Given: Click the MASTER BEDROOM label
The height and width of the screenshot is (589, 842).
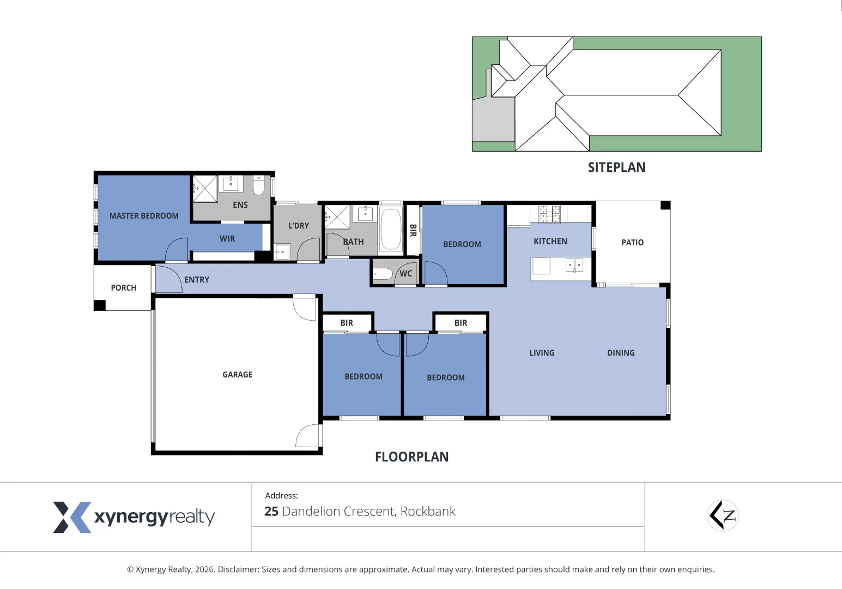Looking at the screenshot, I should coord(144,216).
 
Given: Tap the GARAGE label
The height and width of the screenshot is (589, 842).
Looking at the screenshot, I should coord(237,375).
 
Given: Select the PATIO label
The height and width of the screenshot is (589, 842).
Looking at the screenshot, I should coord(632,243).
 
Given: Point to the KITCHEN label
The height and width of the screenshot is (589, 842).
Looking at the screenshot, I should coord(550,242).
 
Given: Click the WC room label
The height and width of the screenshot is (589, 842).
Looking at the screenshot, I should coord(405,274).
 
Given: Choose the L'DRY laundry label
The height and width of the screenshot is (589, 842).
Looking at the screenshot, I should coord(298,226).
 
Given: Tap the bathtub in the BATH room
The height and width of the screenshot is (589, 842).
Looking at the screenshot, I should coord(391,230).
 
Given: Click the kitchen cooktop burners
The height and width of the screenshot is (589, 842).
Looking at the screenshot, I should coord(549,214).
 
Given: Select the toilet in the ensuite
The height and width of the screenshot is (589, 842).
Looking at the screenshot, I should coord(259,185).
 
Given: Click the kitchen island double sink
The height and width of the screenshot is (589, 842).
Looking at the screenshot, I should coord(574,266).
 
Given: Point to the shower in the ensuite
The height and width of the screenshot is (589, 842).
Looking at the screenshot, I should coord(205,189).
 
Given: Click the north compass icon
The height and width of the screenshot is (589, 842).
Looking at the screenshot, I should coord(723,515).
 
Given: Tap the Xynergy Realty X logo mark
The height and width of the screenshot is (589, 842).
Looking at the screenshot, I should coord(71,517).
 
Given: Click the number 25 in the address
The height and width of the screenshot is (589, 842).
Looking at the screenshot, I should coord(271,512).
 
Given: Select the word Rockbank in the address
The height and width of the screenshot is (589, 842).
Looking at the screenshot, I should coord(428,512).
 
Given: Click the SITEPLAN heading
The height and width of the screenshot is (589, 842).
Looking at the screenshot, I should coord(616,168).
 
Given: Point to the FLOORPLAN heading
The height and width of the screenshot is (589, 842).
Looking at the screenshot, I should coord(411,457).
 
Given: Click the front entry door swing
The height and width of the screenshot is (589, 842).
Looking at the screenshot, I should coord(168,279).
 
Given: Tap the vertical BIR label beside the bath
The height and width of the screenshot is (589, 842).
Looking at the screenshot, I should coord(413,230).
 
